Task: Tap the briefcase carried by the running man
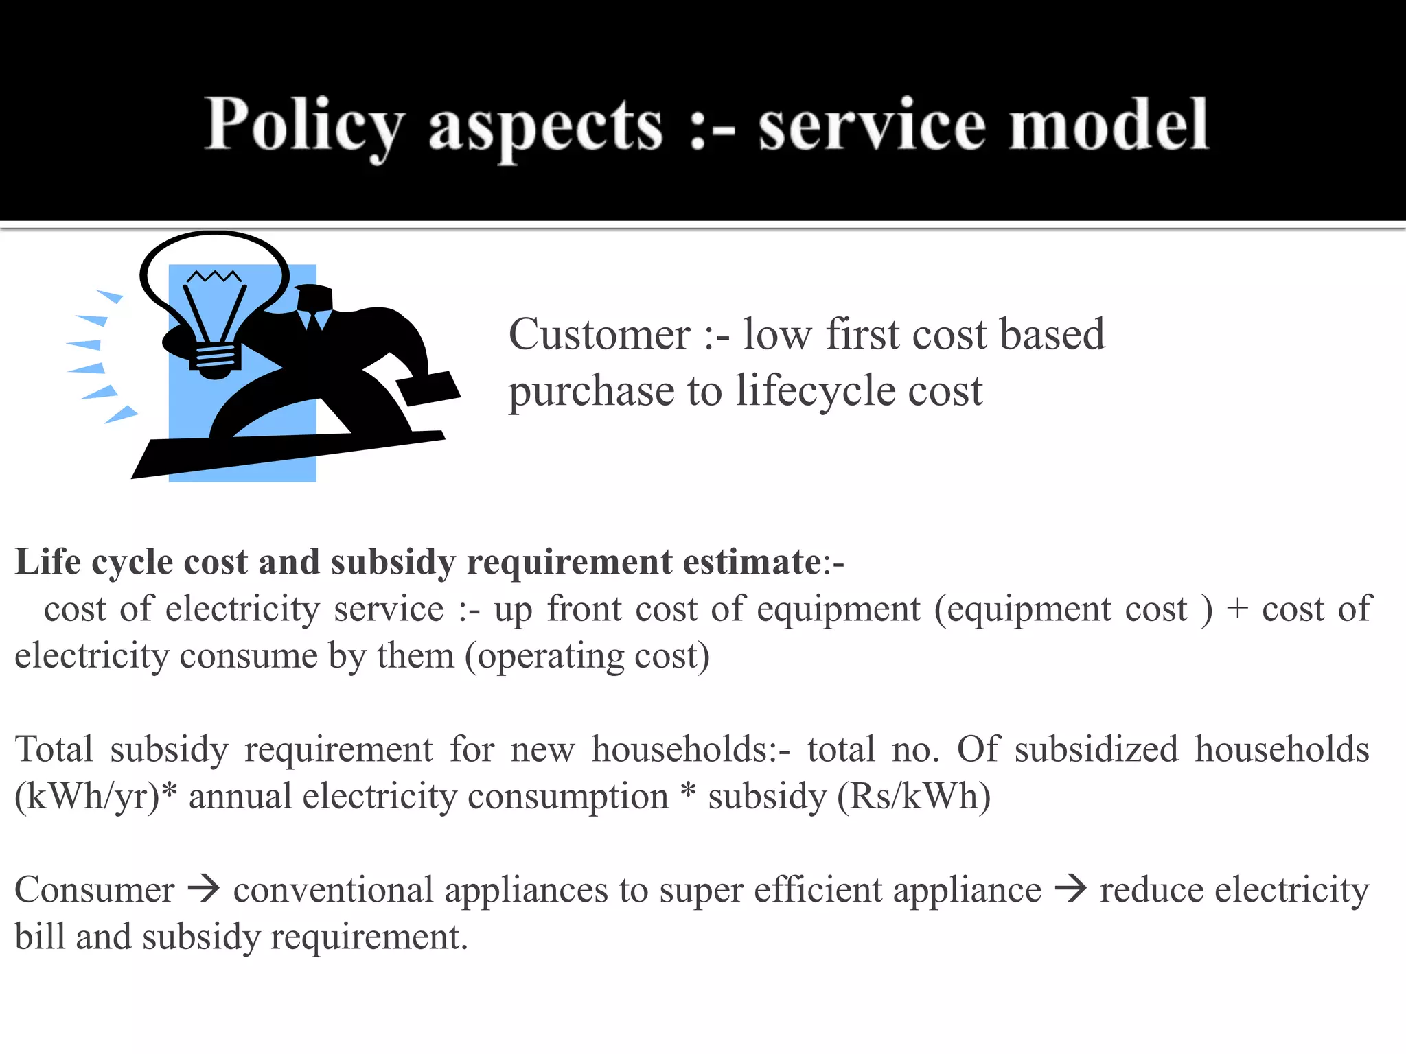[x=428, y=388]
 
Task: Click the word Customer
[x=599, y=335]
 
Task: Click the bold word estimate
[x=752, y=562]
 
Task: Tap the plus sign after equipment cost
[x=1237, y=609]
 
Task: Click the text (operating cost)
[x=588, y=656]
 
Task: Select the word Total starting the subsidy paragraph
[x=54, y=749]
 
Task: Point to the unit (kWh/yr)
[x=88, y=797]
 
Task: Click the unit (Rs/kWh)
[x=914, y=797]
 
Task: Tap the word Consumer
[x=95, y=890]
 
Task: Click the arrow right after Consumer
[x=204, y=889]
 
